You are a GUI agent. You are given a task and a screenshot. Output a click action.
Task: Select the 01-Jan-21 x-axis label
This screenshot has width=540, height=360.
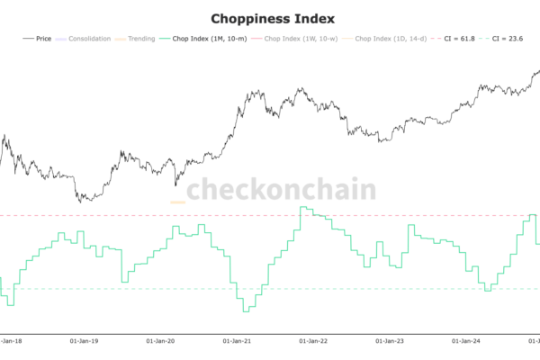coord(238,342)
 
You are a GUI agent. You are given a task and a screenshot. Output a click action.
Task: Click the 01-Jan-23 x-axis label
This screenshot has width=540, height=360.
coord(391,342)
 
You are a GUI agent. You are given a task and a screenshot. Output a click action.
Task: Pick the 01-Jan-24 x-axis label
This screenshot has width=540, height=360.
coord(466,342)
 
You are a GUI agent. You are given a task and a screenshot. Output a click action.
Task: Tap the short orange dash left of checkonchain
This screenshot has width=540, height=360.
coord(177,202)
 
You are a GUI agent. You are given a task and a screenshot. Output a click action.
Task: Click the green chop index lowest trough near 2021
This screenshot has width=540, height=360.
coord(245,311)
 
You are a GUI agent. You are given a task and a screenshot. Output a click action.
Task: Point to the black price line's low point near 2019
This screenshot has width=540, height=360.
coord(82,200)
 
